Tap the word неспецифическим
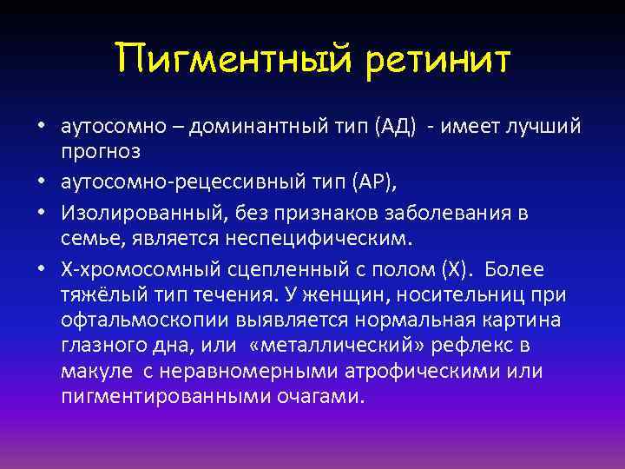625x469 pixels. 301,235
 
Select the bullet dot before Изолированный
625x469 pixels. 41,213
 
